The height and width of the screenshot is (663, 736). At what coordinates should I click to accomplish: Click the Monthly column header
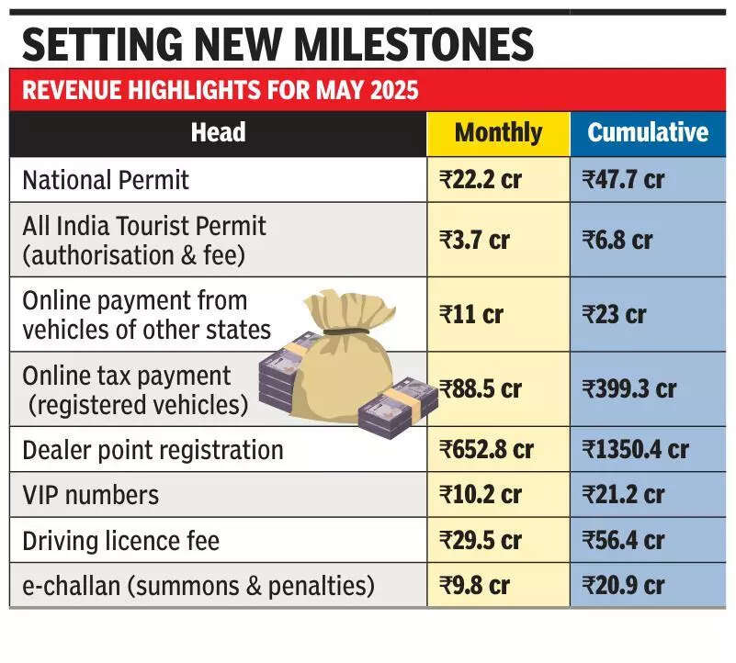tap(498, 133)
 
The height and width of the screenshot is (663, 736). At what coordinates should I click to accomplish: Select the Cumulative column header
tap(648, 133)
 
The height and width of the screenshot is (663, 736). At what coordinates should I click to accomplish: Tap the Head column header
tap(218, 133)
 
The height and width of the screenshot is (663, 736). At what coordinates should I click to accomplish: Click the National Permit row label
tap(106, 180)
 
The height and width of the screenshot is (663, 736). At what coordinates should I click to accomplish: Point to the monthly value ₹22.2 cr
tap(481, 180)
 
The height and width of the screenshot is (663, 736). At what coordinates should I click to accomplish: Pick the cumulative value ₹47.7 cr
tap(623, 180)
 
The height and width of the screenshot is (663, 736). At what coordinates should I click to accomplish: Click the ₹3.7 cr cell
tap(475, 241)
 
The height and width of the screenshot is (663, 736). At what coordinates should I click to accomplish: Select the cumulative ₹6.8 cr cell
tap(617, 241)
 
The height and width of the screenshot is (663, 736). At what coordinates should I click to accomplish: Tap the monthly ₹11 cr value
tap(471, 315)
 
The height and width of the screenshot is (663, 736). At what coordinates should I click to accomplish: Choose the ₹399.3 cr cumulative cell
tap(629, 389)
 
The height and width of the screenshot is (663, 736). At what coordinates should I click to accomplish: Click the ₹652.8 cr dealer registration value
tap(486, 450)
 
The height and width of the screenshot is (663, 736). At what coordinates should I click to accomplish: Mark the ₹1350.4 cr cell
tap(635, 450)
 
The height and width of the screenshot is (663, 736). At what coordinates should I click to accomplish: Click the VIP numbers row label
tap(90, 495)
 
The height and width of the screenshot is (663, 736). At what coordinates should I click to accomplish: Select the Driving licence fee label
tap(120, 540)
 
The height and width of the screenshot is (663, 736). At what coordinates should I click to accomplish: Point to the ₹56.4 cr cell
tap(623, 540)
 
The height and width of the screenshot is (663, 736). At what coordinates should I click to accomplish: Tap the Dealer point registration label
tap(153, 450)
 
